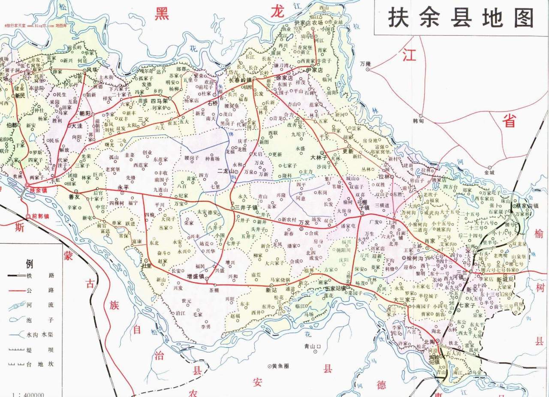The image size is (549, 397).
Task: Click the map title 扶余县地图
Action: point(461,18)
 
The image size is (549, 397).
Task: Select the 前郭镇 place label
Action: point(41,217)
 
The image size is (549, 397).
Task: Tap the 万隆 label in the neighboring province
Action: point(365,63)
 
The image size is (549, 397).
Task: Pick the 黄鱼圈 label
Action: point(281,366)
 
